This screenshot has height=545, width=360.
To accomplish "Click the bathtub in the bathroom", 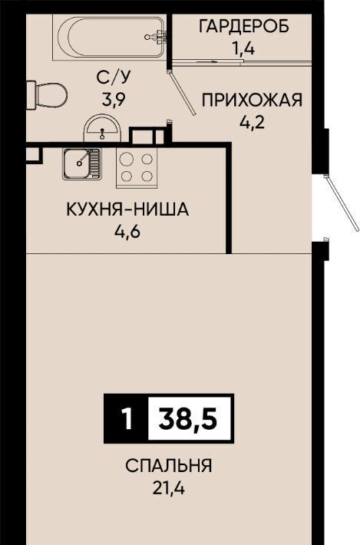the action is pos(108,37).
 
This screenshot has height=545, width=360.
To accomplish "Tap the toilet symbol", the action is pos(47,95).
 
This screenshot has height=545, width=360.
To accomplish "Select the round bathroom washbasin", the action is pos(102,128).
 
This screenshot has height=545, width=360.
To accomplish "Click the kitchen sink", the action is pos(82,164).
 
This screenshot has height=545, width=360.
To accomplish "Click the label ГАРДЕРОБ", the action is pos(244,26).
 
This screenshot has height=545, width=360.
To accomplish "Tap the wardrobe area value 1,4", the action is pos(243,49).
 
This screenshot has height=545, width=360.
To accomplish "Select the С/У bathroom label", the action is pos(114,78).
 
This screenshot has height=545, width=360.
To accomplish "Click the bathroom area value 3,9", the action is pos(114,100).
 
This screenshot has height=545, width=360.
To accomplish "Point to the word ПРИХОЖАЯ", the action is pos(253,100).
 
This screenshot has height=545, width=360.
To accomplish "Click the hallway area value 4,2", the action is pos(253,122).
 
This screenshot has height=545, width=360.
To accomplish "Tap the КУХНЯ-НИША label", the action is pos(127,210).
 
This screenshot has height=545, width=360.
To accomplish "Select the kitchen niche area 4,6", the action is pos(127,231).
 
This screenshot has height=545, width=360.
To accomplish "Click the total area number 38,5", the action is pos(187,419).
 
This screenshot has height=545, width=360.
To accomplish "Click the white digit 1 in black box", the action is pos(127,419).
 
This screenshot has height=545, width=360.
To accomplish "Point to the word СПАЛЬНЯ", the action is pos(169,466).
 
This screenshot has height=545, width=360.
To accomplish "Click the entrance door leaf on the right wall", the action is pos(342,203).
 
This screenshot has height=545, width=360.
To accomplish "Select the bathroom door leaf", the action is pos(182,92).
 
